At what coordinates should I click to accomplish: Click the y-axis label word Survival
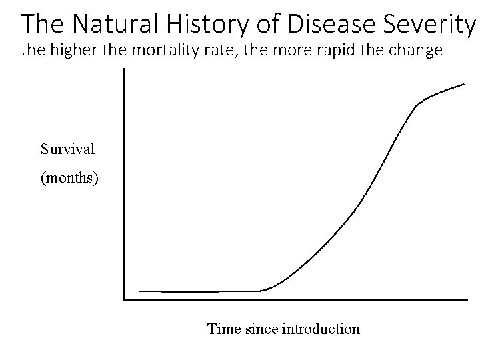coord(67,149)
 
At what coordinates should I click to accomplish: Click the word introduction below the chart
coord(321,329)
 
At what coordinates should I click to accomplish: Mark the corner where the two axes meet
coord(124,299)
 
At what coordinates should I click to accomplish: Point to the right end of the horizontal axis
coord(467,299)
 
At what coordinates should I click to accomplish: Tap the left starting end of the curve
coord(140,291)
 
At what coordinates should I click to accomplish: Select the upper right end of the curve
coord(465,84)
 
